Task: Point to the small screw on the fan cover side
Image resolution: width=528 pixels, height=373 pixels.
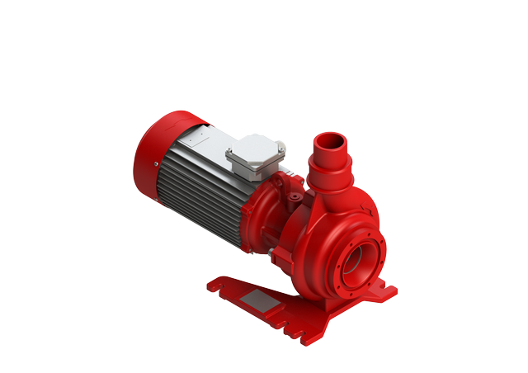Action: [x=156, y=164]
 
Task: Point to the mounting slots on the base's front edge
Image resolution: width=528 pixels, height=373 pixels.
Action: [x=289, y=326]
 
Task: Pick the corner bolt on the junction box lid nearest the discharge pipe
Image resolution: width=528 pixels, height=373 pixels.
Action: [x=281, y=149]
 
